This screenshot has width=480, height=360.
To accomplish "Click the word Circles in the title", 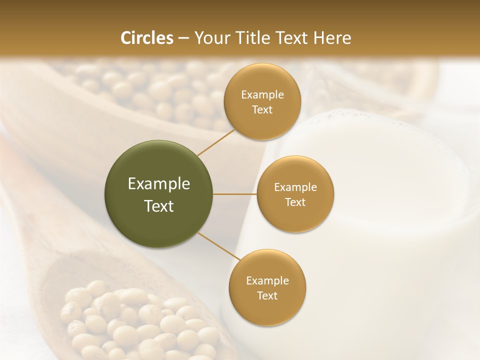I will click(146, 38).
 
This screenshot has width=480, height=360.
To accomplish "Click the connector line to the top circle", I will click(216, 142).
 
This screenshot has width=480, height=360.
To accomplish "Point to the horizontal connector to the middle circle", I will click(235, 194).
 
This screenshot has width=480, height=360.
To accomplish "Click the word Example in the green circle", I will click(159, 184).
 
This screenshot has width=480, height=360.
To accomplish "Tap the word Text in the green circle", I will click(159, 206).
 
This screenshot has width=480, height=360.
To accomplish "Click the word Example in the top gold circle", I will click(262, 94).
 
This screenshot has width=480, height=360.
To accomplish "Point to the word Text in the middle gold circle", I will click(295, 202).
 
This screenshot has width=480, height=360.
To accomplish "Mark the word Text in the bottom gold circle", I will click(267, 295).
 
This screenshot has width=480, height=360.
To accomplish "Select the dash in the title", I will click(183, 38).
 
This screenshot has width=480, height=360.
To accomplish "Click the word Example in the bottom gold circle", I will click(267, 280).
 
